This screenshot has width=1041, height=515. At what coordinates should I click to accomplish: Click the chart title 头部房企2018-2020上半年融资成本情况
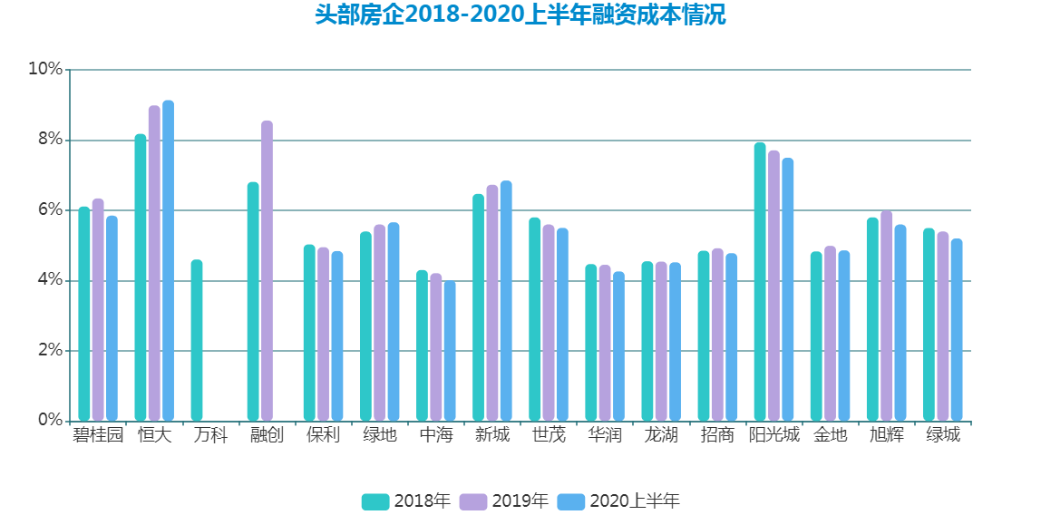tap(520, 15)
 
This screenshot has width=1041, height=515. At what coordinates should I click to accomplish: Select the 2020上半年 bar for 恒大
tap(169, 261)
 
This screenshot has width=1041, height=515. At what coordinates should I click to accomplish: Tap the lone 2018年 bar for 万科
tap(197, 341)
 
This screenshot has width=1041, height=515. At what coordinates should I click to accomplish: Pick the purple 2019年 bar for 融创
tap(267, 271)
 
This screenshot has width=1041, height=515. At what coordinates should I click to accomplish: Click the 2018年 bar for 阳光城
tap(760, 282)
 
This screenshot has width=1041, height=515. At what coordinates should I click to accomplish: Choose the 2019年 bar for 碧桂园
tap(98, 310)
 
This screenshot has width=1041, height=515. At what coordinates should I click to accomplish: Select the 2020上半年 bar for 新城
tap(506, 301)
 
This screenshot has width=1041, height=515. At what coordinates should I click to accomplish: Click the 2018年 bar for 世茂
tap(535, 319)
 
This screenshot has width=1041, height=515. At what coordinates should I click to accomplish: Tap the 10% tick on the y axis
tap(45, 69)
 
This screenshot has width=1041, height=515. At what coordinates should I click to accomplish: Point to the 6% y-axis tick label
tap(49, 210)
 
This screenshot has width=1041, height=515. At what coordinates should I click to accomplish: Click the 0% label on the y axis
tap(49, 421)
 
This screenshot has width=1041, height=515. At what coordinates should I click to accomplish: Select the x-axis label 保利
tap(323, 435)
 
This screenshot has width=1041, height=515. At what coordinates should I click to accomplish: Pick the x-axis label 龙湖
tap(661, 435)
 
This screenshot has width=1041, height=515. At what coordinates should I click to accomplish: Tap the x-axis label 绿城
tap(943, 435)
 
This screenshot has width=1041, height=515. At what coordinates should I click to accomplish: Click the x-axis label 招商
tap(717, 435)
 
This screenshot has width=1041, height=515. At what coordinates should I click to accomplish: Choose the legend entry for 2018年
tap(406, 501)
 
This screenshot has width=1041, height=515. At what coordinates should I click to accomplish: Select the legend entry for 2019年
tap(504, 501)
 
